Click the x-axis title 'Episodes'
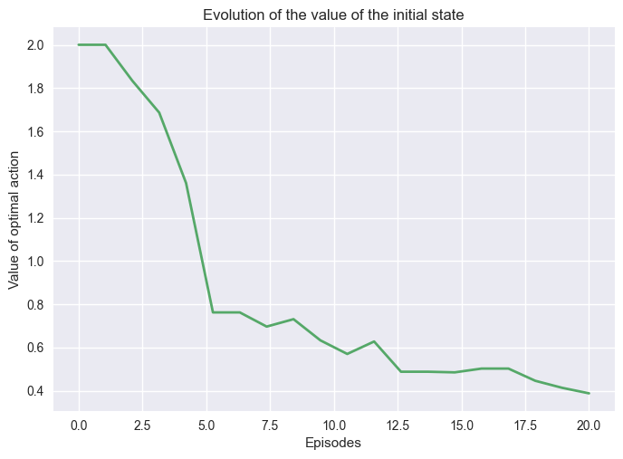(333, 444)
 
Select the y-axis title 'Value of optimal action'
(14, 218)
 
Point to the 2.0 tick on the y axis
(35, 45)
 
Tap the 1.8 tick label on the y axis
(35, 89)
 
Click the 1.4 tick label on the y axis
(35, 175)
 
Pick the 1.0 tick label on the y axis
(35, 262)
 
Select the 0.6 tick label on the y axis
(35, 349)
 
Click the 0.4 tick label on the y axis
(35, 391)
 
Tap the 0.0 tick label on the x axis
(79, 424)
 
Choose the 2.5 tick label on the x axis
(142, 424)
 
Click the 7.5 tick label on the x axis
(270, 424)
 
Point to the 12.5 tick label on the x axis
(398, 424)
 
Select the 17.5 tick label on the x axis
(525, 424)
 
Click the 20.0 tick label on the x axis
(589, 424)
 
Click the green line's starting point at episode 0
(79, 44)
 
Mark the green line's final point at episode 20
(589, 393)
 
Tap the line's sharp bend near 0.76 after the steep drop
(212, 312)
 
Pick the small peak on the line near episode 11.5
(373, 341)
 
